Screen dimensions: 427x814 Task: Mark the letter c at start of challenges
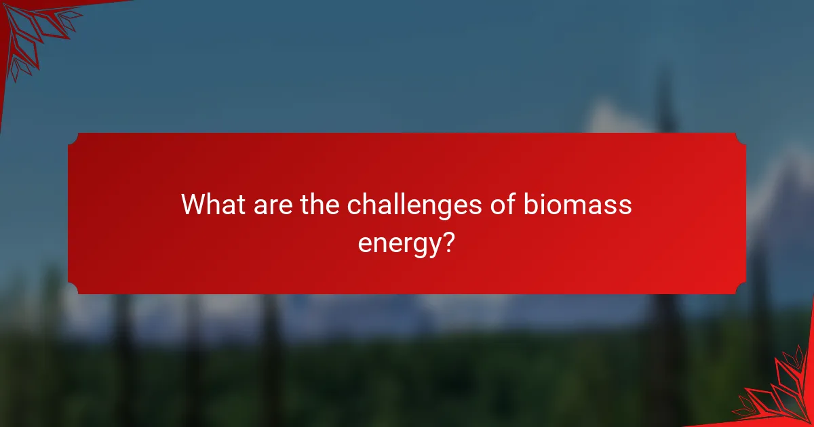pyautogui.click(x=354, y=206)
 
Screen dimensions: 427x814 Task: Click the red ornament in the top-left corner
pyautogui.click(x=31, y=30)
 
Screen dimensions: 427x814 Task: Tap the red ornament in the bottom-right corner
pyautogui.click(x=780, y=393)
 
